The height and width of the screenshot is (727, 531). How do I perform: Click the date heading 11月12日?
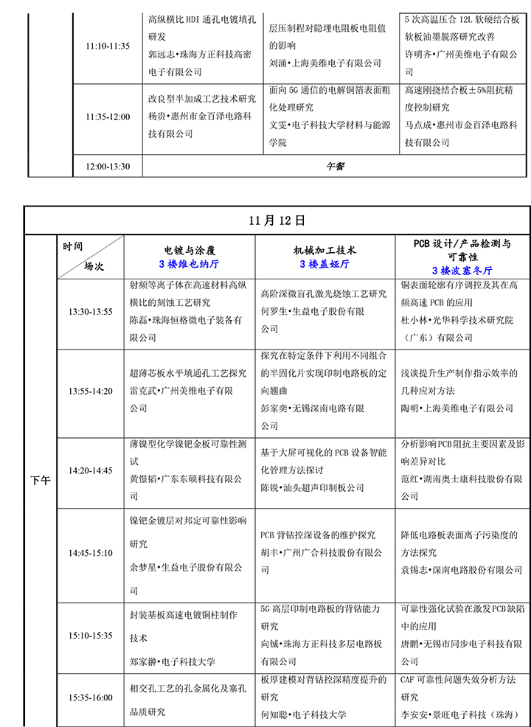(277, 220)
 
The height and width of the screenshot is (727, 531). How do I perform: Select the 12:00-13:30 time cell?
(107, 167)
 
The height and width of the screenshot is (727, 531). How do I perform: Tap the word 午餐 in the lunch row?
(336, 167)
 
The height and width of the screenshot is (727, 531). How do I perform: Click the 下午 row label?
(41, 481)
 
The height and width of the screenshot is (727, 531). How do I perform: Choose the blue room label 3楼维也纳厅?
(189, 263)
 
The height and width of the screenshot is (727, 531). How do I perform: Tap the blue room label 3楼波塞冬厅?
(462, 270)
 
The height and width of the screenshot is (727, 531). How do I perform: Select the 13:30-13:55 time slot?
(91, 312)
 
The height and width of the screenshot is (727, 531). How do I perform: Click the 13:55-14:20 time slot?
(91, 391)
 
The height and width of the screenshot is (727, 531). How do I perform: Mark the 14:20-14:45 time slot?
(91, 470)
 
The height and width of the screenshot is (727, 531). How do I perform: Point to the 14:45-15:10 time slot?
(91, 552)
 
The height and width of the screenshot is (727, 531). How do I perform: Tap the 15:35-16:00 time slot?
(91, 698)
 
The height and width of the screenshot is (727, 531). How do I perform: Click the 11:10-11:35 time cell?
(107, 46)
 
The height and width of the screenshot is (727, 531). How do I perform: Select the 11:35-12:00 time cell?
(107, 116)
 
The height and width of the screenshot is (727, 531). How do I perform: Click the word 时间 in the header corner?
(73, 246)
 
